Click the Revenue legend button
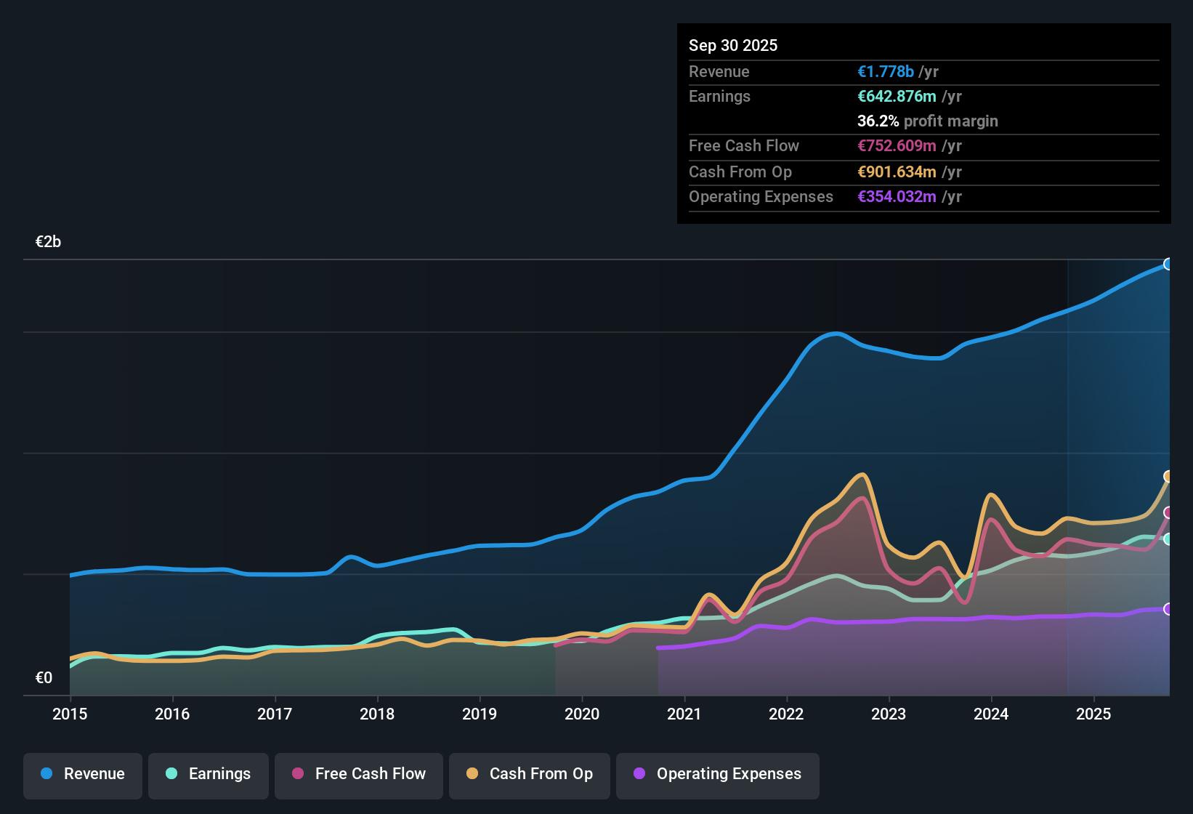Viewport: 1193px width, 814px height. pos(83,774)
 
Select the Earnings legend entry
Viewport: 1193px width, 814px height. pos(209,774)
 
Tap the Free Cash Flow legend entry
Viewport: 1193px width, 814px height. pos(359,774)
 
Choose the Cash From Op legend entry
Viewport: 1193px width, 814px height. pos(530,774)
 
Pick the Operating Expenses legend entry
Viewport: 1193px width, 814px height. pos(718,774)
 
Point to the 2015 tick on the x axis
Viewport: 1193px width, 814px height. pos(70,714)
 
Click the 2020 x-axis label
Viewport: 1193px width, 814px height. pos(582,714)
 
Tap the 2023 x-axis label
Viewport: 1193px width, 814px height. pos(889,714)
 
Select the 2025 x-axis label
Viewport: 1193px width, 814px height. pos(1093,714)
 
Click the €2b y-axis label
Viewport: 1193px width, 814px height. pos(48,242)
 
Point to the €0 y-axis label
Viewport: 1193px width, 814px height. pos(44,677)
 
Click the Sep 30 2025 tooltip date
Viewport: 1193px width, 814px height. pos(733,45)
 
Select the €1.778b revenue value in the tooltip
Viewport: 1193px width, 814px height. pos(886,71)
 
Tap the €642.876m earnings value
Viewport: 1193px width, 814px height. pos(897,96)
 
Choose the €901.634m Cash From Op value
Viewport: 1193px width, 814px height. pos(897,172)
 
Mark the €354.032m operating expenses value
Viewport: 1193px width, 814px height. pos(897,196)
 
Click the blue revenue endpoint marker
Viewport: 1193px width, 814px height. pos(1168,264)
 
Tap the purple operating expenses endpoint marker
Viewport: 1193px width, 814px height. pos(1168,609)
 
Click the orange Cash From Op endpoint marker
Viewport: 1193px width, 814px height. pos(1168,477)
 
